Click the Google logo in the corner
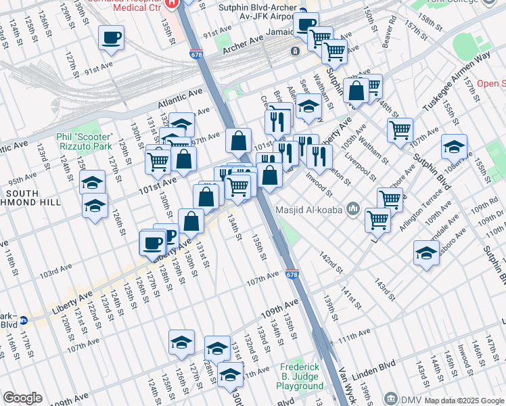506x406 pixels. pyautogui.click(x=22, y=398)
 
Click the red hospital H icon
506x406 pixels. pyautogui.click(x=172, y=2)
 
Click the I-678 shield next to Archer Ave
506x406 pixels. pyautogui.click(x=197, y=54)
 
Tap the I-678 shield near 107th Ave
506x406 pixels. pyautogui.click(x=292, y=275)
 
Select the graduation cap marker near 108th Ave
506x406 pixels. pyautogui.click(x=454, y=146)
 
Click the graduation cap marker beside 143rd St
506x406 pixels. pyautogui.click(x=425, y=252)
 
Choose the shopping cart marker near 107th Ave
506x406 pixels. pyautogui.click(x=400, y=129)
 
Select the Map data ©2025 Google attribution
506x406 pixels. pyautogui.click(x=464, y=401)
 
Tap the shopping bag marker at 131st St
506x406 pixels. pyautogui.click(x=191, y=221)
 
